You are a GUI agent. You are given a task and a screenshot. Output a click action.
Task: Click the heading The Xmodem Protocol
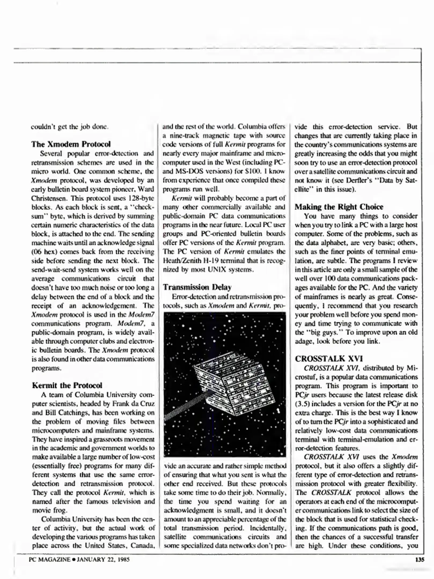point(71,144)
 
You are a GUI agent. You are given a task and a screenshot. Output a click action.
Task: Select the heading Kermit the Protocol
point(67,385)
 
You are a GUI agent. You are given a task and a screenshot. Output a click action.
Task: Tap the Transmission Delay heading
point(197,287)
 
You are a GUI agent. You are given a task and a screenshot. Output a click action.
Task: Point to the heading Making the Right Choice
point(339,207)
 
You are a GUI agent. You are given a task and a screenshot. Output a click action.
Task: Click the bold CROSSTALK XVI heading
point(329,359)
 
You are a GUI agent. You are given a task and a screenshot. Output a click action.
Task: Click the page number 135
point(419,559)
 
